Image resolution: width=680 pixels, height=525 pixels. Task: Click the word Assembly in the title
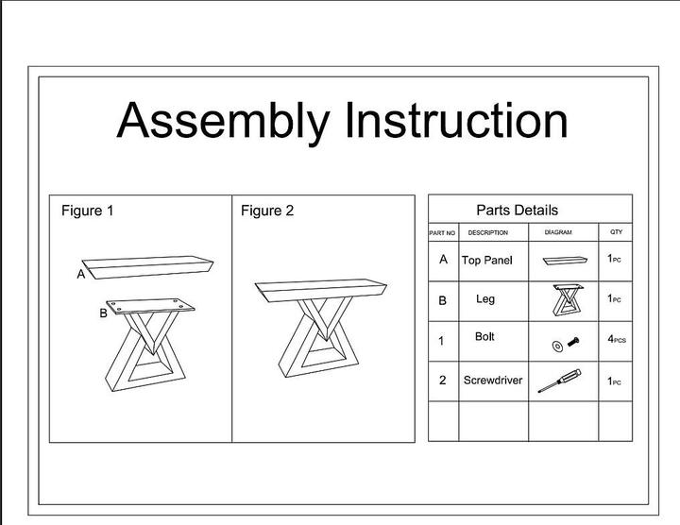[223, 121]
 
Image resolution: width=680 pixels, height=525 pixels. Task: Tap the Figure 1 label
[87, 211]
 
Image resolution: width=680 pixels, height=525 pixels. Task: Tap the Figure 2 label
[266, 211]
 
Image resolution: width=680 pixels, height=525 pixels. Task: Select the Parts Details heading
[517, 211]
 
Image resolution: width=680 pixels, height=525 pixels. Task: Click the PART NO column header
[442, 232]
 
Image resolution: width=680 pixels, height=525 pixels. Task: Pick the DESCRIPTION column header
[487, 232]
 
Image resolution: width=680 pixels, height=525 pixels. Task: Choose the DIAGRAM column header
[558, 232]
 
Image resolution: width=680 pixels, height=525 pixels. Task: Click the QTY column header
[616, 231]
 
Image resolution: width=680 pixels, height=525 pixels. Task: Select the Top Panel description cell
[487, 260]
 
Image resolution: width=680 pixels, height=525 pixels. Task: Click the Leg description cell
[485, 299]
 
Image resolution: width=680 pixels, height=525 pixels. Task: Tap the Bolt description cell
[485, 337]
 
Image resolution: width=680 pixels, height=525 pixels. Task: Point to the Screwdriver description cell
[492, 381]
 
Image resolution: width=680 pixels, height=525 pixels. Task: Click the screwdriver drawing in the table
[559, 381]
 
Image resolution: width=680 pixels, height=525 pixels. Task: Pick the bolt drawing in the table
[564, 345]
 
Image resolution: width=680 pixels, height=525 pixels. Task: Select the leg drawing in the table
[564, 301]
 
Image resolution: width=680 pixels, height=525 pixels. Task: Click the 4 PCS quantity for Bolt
[616, 338]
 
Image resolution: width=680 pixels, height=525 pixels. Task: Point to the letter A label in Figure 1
[81, 275]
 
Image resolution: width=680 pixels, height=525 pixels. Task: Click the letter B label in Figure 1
[103, 313]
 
